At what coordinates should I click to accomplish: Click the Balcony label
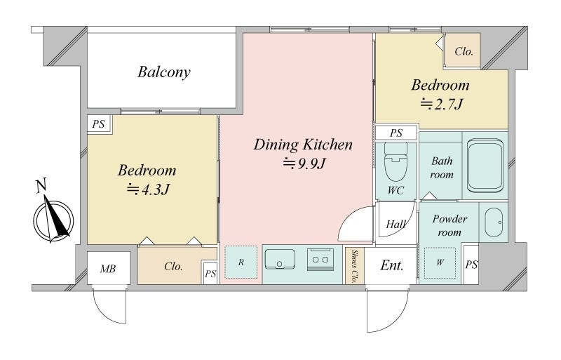click(x=164, y=72)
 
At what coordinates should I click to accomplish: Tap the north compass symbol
click(x=54, y=217)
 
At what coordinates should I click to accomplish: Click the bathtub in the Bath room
click(x=485, y=165)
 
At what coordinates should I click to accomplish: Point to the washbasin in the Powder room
click(x=494, y=222)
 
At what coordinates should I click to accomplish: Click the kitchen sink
click(x=280, y=259)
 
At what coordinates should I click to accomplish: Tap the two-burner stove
click(x=320, y=260)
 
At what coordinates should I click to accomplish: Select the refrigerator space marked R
click(x=241, y=262)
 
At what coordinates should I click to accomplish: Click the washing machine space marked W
click(x=440, y=262)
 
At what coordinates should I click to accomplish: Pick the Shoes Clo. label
click(x=355, y=266)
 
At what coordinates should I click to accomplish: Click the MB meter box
click(x=109, y=268)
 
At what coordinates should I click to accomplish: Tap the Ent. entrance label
click(x=392, y=265)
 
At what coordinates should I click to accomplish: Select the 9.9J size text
click(x=304, y=164)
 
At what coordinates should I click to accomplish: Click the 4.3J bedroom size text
click(x=148, y=189)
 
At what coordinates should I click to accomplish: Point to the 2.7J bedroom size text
click(x=442, y=105)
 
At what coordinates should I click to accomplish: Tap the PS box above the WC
click(x=396, y=133)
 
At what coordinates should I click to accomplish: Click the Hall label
click(x=396, y=225)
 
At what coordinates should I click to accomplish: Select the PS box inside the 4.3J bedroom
click(x=99, y=124)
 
